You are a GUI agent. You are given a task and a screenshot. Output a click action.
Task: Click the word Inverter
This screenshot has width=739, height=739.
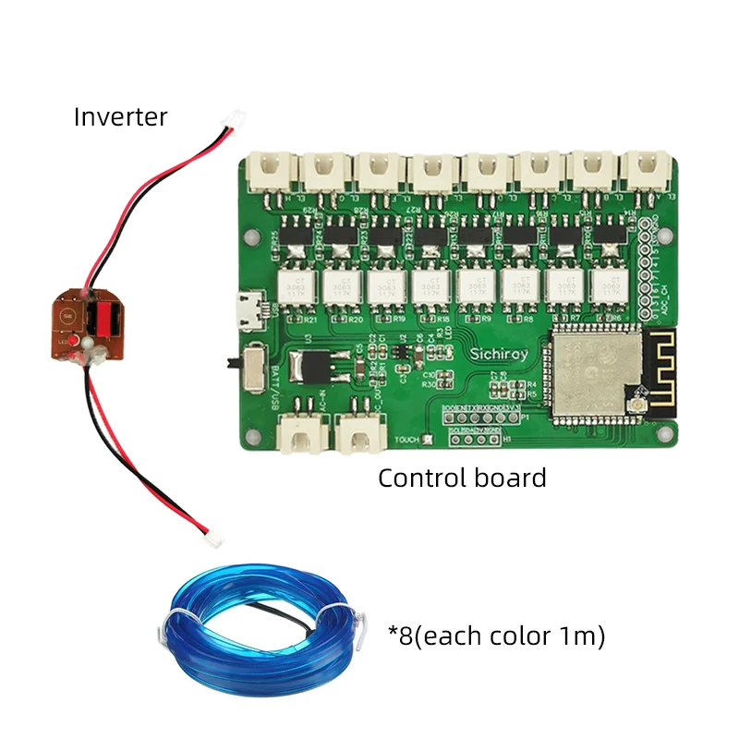click(x=121, y=117)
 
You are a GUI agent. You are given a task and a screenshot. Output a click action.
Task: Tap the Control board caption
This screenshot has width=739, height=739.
click(x=462, y=478)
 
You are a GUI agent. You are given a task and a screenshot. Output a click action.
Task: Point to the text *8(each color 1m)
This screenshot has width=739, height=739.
click(x=496, y=636)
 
